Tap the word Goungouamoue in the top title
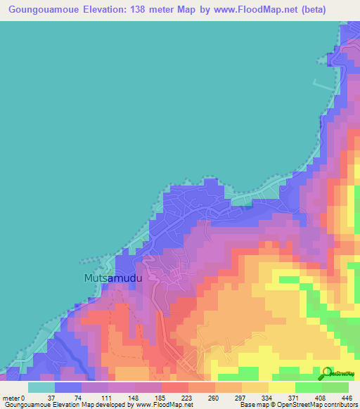pos(41,10)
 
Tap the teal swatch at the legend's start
pos(41,387)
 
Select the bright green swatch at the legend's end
pos(335,387)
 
